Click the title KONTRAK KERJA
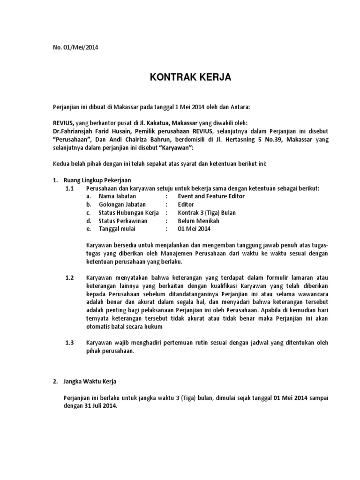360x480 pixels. coord(190,77)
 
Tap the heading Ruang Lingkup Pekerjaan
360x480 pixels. coord(97,180)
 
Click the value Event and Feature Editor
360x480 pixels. coord(211,196)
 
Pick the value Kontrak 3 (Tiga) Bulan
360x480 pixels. coord(207,213)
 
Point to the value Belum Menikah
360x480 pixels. coord(198,221)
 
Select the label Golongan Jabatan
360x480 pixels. coord(122,204)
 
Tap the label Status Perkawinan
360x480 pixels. coord(123,221)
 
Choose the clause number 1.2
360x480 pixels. coord(70,278)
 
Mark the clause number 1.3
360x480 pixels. coord(70,343)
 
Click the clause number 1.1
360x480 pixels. coord(70,188)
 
